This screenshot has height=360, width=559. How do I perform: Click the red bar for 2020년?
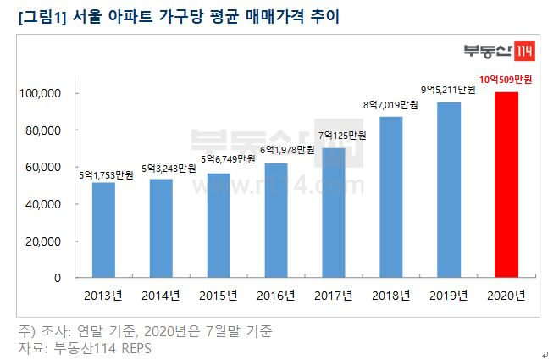click(506, 185)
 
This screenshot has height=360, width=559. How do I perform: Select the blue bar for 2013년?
click(103, 230)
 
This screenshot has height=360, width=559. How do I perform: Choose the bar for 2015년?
click(219, 225)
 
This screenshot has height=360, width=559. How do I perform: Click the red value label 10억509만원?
click(506, 80)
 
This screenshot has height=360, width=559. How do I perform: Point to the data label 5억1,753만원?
click(103, 174)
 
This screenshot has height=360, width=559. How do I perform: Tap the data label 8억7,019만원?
click(390, 105)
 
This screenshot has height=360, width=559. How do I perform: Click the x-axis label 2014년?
click(161, 296)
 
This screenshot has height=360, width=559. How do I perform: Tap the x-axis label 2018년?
click(390, 296)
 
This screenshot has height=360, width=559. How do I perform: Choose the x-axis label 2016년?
click(275, 296)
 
